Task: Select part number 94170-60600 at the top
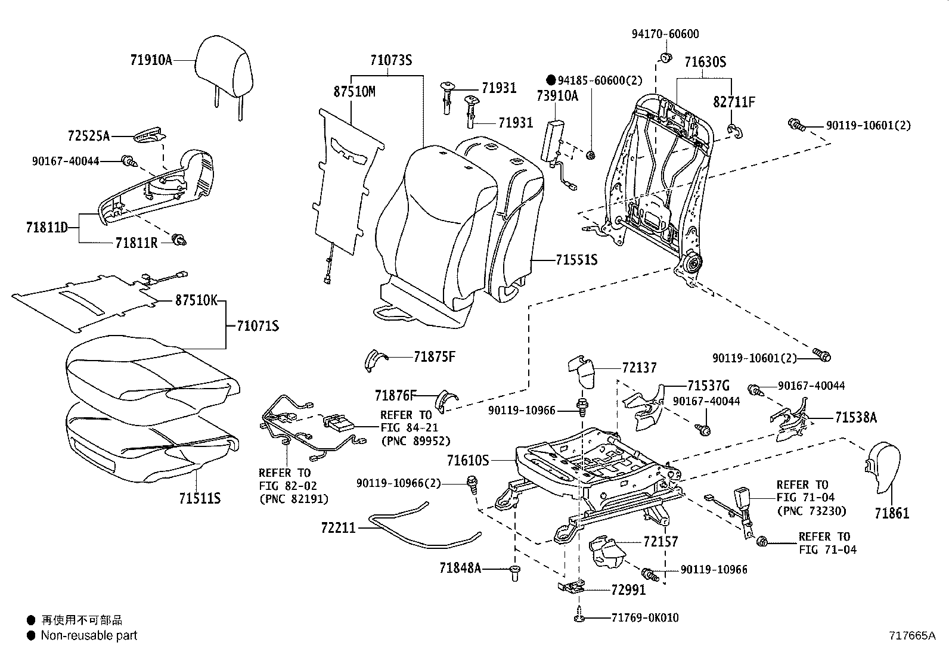665,34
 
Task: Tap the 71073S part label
390,60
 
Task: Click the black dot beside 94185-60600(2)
551,80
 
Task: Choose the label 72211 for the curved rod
338,528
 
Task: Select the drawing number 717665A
911,635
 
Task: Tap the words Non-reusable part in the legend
89,635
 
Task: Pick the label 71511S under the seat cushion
200,498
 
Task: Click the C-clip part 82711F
736,131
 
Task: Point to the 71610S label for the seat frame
468,460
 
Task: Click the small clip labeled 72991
571,587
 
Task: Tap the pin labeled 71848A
515,573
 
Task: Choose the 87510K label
196,300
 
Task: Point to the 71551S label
576,260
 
